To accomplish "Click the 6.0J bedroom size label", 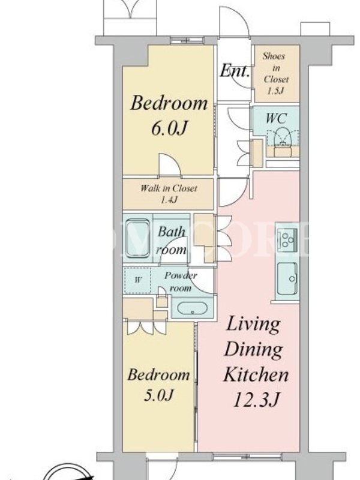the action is (x=169, y=128).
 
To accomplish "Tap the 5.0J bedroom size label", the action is (x=158, y=395).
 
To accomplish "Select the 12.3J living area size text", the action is (x=257, y=399).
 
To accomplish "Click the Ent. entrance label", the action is (x=235, y=70).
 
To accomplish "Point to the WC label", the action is (x=276, y=118).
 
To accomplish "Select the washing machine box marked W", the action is (x=138, y=280).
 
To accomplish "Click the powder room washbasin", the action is (x=192, y=308).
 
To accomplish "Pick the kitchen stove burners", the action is (x=288, y=239).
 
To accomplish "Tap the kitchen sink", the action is (x=287, y=278).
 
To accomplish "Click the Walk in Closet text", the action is (x=169, y=188).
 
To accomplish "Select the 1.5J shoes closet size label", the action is (x=275, y=91).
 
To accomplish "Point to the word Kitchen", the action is (x=256, y=374).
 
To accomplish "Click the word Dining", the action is (x=253, y=350).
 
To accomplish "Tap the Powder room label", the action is (x=181, y=281).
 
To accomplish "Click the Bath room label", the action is (x=172, y=241).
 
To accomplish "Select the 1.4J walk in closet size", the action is (x=169, y=200).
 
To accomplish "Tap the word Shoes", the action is (x=274, y=56).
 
